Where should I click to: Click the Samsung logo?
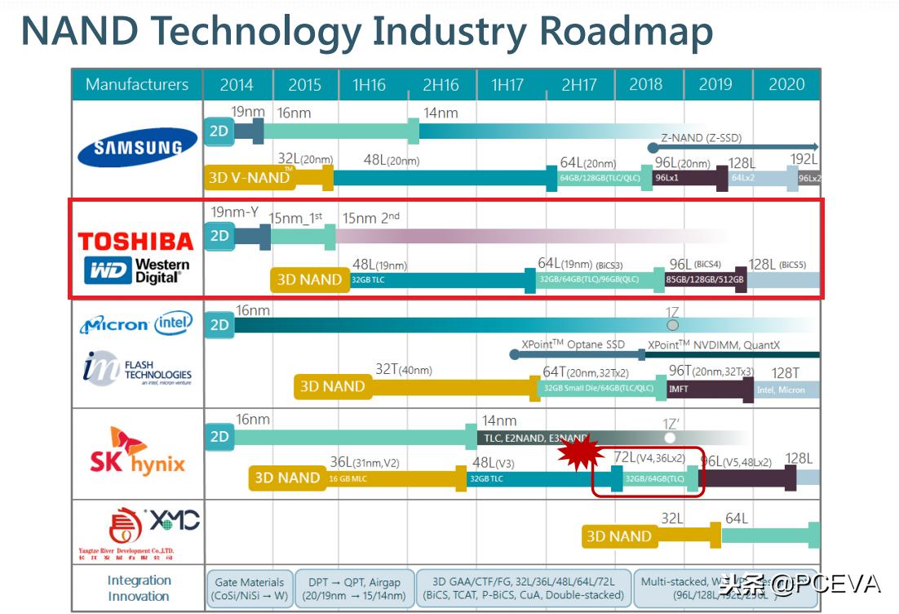click(x=137, y=148)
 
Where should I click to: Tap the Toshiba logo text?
click(x=135, y=241)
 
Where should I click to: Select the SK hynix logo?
click(x=137, y=453)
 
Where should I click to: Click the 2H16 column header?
click(x=441, y=85)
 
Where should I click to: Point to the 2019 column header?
click(x=715, y=85)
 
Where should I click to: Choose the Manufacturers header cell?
click(x=137, y=85)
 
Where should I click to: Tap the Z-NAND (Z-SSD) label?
click(x=702, y=138)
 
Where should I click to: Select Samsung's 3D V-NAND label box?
click(x=250, y=177)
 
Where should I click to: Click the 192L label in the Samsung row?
click(x=804, y=159)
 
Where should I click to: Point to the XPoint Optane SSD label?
click(x=573, y=345)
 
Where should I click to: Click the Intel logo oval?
click(x=173, y=324)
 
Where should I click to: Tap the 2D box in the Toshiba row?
click(x=219, y=236)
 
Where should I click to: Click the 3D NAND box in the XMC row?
click(x=618, y=536)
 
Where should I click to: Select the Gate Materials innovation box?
click(x=250, y=589)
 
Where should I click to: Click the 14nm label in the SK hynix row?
click(x=499, y=420)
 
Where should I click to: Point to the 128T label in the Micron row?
click(x=786, y=372)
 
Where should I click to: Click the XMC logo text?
click(x=174, y=519)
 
